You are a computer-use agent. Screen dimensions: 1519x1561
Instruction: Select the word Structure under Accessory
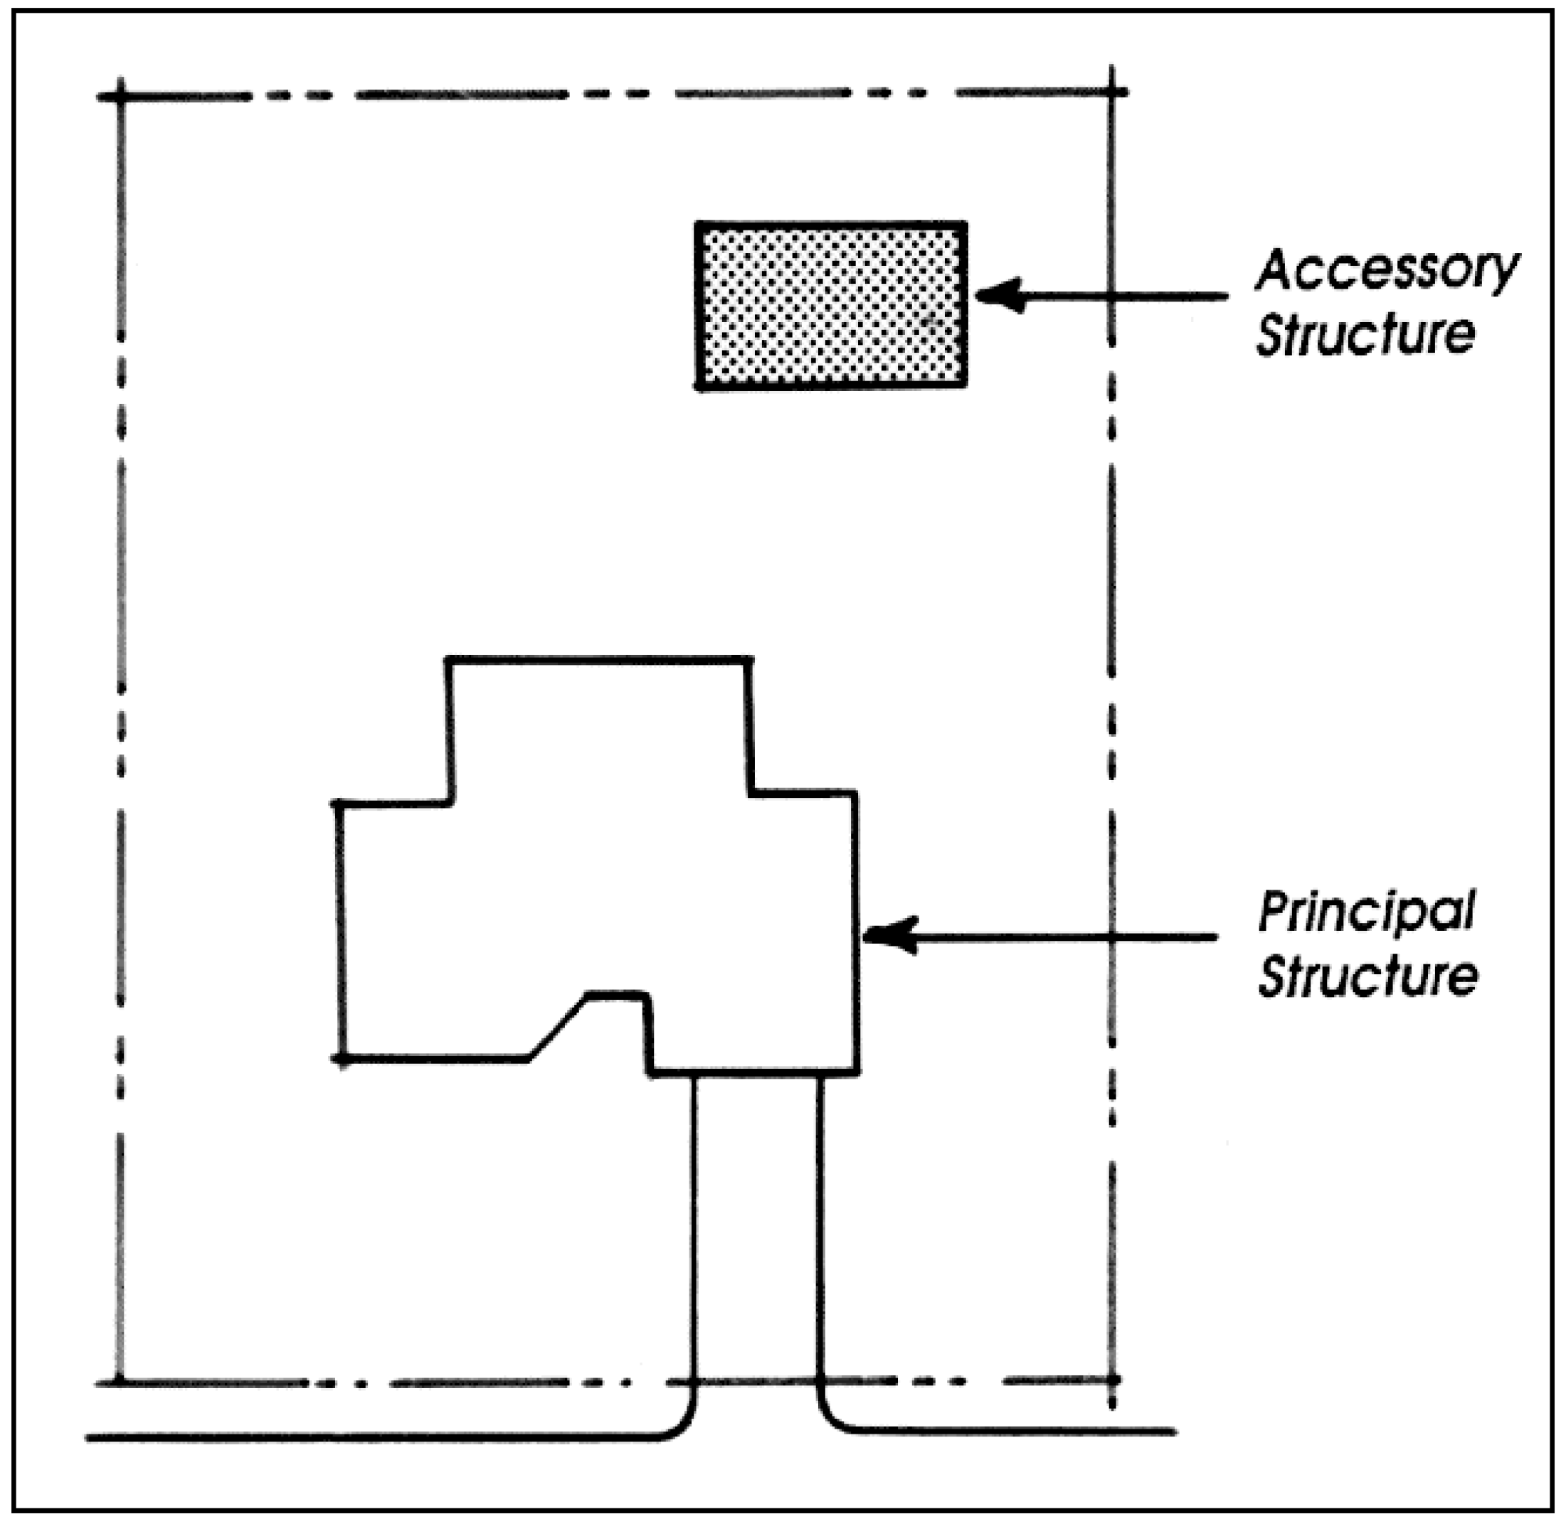click(x=1365, y=334)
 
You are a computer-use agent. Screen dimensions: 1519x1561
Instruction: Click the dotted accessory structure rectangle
click(x=831, y=306)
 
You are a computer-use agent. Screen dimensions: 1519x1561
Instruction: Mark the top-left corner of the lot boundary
click(x=120, y=97)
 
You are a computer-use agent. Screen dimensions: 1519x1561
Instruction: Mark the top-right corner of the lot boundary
click(x=1111, y=92)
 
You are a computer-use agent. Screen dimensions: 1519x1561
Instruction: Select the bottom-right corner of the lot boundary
click(x=1113, y=1379)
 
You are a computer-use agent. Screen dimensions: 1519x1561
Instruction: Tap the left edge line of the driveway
click(x=694, y=1229)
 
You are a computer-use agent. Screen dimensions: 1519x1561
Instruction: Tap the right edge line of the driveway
click(x=820, y=1229)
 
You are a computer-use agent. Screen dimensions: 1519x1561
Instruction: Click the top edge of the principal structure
click(x=598, y=660)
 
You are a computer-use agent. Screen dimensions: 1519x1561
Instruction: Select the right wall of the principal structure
click(x=857, y=934)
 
